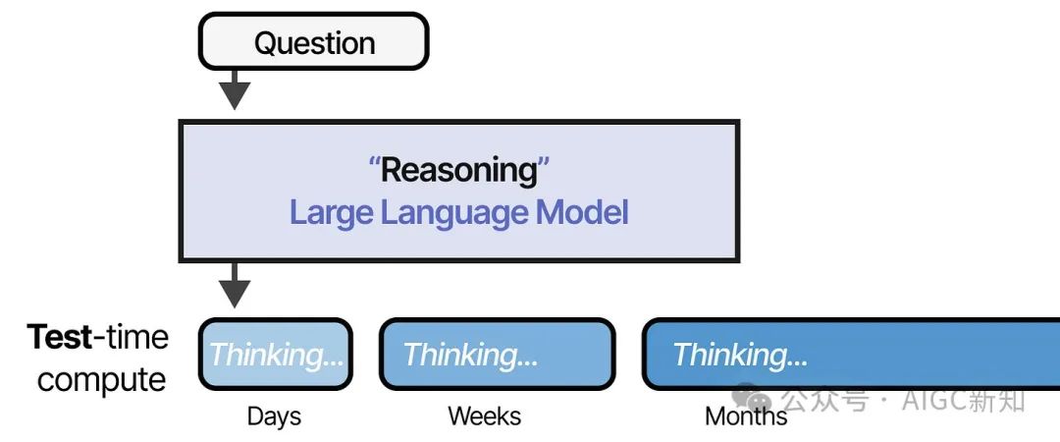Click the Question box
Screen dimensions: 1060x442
coord(314,41)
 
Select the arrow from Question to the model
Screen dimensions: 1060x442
coord(235,89)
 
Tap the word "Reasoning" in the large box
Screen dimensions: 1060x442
coord(459,170)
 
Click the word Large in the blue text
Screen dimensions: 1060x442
coord(332,213)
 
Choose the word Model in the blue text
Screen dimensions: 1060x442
coord(582,212)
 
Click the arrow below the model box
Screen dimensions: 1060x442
coord(235,285)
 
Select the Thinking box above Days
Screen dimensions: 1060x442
coord(276,354)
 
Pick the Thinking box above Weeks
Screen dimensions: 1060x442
coord(498,354)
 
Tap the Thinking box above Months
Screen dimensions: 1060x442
coord(850,354)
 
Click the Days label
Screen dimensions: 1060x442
coord(275,416)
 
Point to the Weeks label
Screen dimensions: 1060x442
coord(485,415)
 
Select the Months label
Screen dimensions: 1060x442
coord(746,415)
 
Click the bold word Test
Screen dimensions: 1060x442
coord(60,336)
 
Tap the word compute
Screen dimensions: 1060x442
coord(101,380)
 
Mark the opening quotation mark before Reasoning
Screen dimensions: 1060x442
coord(375,162)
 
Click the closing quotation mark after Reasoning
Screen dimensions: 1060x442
coord(545,162)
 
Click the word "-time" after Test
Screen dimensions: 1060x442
coord(131,336)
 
